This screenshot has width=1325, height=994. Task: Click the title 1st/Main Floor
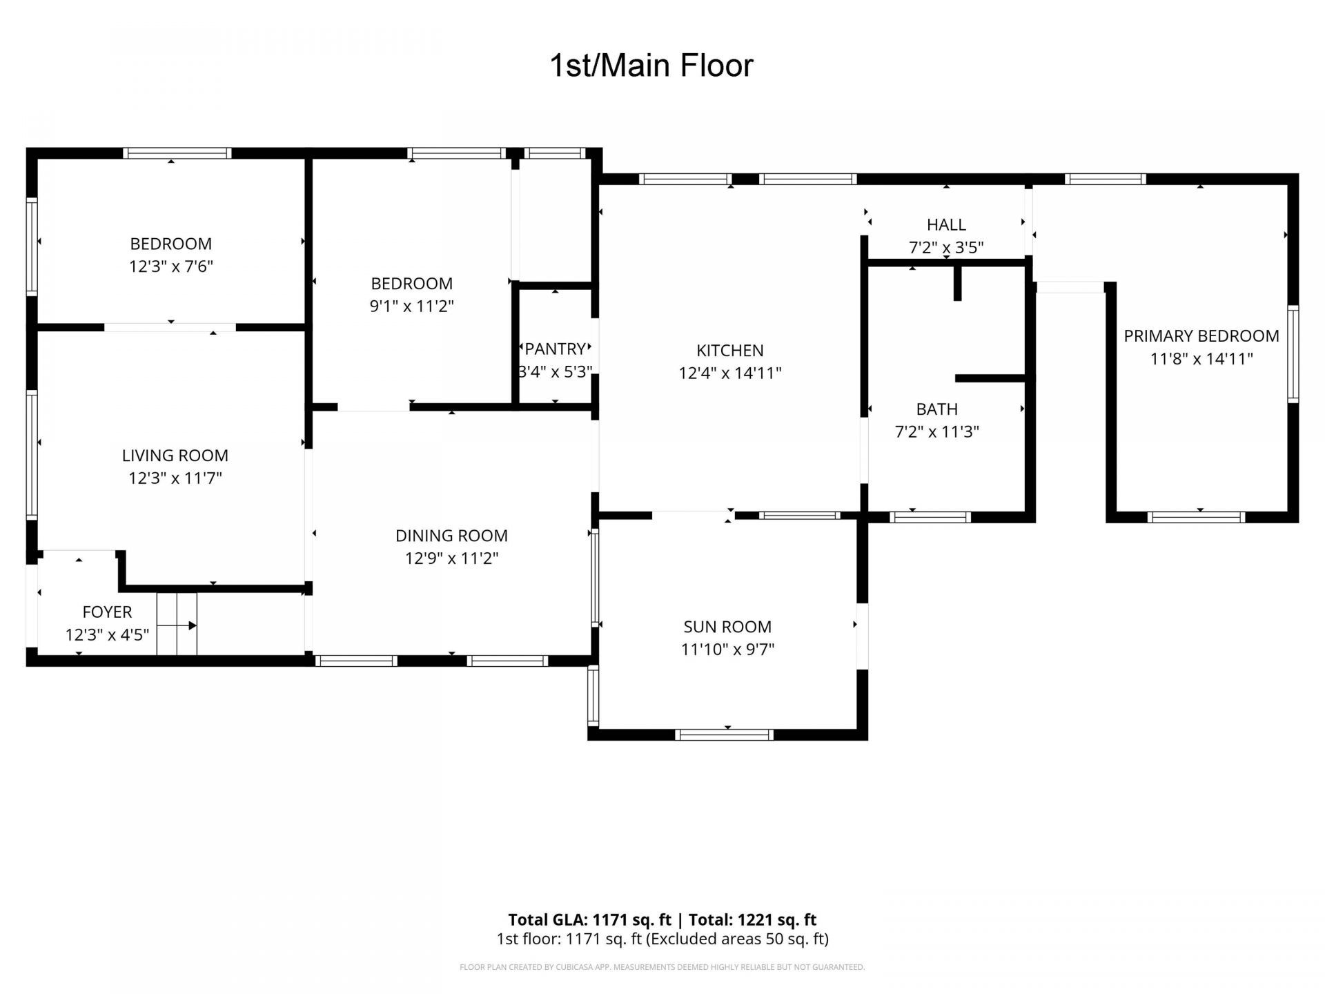[651, 66]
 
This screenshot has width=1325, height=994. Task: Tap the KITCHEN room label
[729, 351]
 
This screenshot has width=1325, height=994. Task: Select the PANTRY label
[556, 349]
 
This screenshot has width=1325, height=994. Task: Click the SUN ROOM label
[727, 627]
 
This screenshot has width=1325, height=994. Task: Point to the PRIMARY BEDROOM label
[1201, 336]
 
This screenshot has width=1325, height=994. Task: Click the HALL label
[946, 225]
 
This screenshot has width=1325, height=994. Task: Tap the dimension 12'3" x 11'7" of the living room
[175, 478]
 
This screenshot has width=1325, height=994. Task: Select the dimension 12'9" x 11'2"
[451, 558]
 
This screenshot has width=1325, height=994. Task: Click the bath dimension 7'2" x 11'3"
[937, 432]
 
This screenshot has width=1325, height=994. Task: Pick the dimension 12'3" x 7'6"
[171, 266]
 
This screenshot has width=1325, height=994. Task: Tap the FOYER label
[107, 612]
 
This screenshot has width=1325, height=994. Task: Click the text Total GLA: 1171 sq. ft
[589, 919]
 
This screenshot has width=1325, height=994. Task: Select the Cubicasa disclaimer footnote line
[662, 967]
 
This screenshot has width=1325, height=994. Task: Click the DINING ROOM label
[451, 536]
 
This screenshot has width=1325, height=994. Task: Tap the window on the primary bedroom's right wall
[1293, 354]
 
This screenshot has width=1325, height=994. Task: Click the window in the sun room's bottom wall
[724, 735]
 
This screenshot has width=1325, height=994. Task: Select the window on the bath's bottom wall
[930, 517]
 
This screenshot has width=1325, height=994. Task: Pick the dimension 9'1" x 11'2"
[411, 306]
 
